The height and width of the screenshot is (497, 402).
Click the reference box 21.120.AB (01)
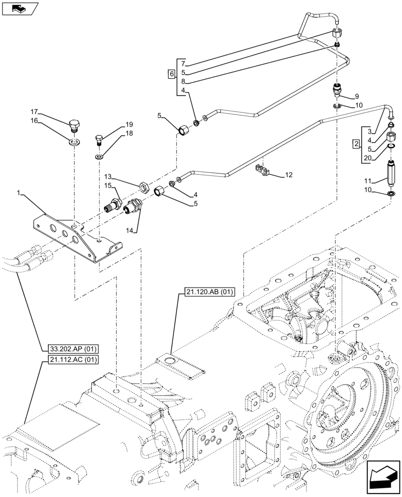click(204, 292)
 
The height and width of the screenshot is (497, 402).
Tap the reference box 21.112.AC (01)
click(73, 360)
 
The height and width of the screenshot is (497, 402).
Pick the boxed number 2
click(355, 145)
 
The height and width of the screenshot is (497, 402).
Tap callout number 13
click(107, 176)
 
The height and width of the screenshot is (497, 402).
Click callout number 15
click(107, 185)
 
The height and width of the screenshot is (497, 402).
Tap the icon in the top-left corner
click(20, 8)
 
